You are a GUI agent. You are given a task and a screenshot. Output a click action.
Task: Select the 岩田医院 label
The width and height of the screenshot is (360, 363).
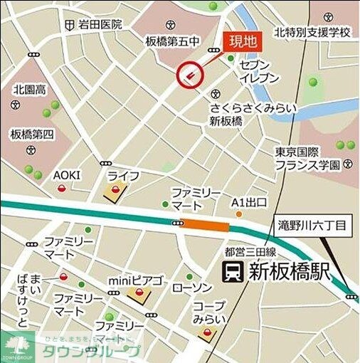(100, 25)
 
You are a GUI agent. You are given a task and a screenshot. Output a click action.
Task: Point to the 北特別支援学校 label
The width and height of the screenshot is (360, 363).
(313, 33)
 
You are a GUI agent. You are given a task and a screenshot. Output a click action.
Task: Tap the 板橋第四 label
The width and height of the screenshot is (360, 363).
(32, 134)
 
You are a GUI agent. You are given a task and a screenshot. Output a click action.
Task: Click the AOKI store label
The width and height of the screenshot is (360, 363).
(67, 175)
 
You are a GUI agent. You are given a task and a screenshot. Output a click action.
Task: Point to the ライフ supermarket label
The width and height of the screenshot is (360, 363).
(123, 175)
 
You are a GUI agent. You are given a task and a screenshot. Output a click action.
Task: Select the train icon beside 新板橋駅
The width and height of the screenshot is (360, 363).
(233, 271)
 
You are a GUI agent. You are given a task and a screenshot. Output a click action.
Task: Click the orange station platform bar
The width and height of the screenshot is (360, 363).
(206, 226)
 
